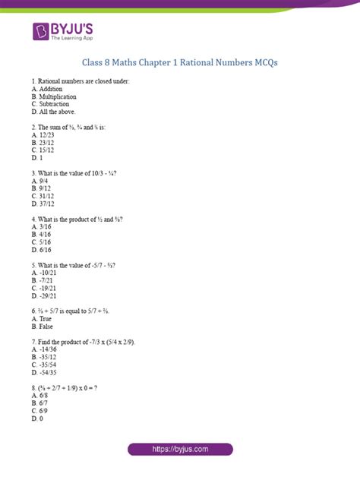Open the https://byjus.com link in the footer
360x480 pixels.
pos(180,450)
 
